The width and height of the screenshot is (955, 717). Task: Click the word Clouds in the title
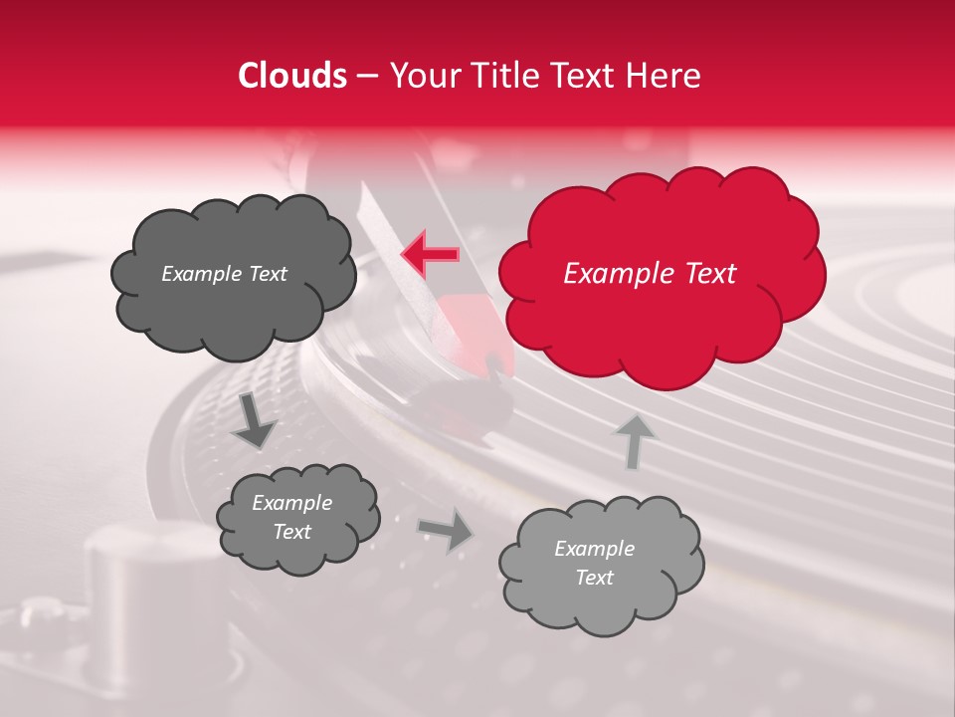coord(292,76)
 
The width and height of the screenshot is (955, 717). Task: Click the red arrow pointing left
coord(430,255)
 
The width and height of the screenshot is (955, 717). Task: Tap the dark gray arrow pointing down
coord(254,420)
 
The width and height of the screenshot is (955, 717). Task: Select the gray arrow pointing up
coord(633,440)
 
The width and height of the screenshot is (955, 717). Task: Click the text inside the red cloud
coord(650,274)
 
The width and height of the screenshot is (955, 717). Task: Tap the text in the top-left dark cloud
coord(224,274)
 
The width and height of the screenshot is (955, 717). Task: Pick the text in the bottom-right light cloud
coord(594,563)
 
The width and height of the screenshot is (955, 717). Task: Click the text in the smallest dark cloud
coord(291,518)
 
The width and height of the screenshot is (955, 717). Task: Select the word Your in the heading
coord(419,76)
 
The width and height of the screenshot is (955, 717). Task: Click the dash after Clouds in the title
coord(366,77)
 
